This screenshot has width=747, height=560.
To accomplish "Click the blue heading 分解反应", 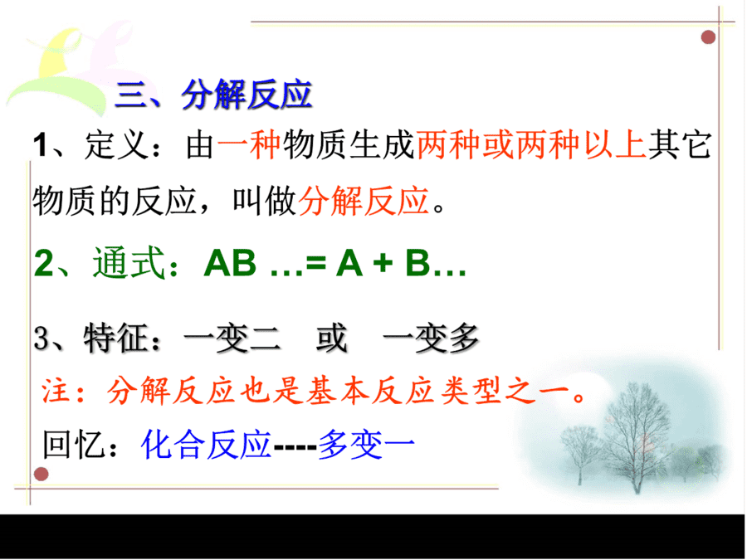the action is pyautogui.click(x=247, y=95).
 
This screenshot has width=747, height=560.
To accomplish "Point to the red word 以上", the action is pyautogui.click(x=615, y=144).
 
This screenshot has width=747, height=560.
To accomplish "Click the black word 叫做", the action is pyautogui.click(x=265, y=201).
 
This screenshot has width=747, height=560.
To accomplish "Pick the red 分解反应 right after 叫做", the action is pyautogui.click(x=364, y=201).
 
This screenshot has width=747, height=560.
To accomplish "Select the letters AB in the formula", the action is pyautogui.click(x=230, y=263).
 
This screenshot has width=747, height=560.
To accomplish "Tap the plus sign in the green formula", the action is pyautogui.click(x=383, y=264).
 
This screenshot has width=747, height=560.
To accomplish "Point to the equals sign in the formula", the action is pyautogui.click(x=315, y=264).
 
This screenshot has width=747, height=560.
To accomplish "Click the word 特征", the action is pyautogui.click(x=115, y=338).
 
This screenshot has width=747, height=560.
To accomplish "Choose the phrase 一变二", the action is pyautogui.click(x=232, y=338).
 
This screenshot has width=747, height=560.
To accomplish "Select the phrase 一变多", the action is pyautogui.click(x=431, y=338).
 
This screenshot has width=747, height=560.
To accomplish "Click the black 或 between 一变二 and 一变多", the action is pyautogui.click(x=331, y=338).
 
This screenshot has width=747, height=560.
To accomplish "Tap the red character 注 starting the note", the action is pyautogui.click(x=56, y=392).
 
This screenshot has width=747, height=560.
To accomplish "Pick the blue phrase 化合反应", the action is pyautogui.click(x=206, y=445).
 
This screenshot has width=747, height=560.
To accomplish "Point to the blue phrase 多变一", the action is pyautogui.click(x=366, y=445).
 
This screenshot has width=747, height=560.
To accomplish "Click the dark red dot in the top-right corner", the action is pyautogui.click(x=709, y=37).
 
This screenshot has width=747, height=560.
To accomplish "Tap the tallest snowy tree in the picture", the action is pyautogui.click(x=636, y=438).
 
